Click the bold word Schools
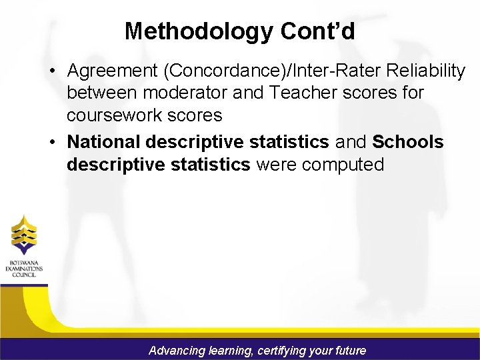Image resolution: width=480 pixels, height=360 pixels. [408, 142]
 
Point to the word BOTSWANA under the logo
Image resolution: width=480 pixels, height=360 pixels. [24, 263]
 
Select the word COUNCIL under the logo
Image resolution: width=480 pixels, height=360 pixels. [24, 275]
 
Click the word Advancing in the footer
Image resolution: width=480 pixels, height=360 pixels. [176, 350]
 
